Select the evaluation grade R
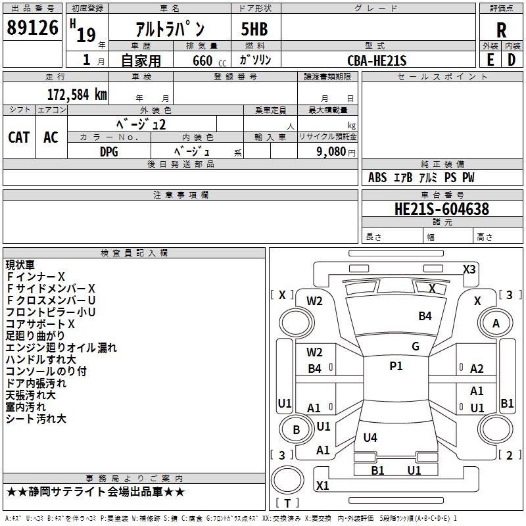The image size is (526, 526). click(x=501, y=30)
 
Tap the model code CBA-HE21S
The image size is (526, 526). click(x=377, y=60)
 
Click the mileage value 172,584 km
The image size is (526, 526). click(x=77, y=94)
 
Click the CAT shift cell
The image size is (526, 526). click(x=18, y=137)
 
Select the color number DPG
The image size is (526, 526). click(x=109, y=151)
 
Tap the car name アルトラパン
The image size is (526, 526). click(x=170, y=30)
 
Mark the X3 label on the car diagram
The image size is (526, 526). click(x=469, y=269)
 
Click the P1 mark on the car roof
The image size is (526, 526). click(x=396, y=366)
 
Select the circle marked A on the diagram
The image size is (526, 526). click(x=496, y=323)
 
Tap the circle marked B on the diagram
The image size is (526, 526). click(x=296, y=430)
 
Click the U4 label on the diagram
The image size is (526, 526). click(x=370, y=437)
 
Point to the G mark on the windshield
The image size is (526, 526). click(x=416, y=347)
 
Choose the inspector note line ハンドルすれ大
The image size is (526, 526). click(x=41, y=360)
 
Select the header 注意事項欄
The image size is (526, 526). click(x=180, y=195)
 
